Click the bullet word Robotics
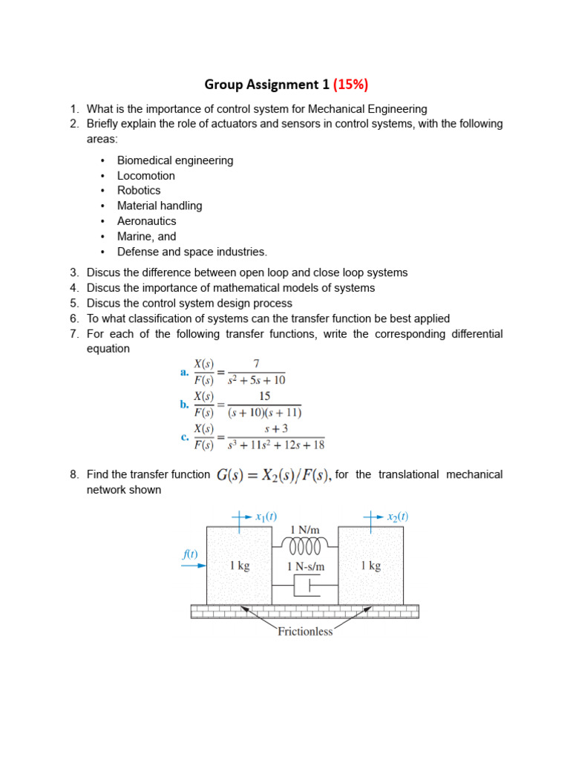[139, 191]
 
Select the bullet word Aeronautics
[147, 221]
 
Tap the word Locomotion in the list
[146, 176]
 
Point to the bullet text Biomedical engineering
[175, 160]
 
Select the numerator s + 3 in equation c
[276, 429]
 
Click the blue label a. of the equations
[184, 373]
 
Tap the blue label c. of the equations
[185, 437]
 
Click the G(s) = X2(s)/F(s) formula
[273, 475]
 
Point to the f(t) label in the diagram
[190, 554]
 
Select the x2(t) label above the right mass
[398, 517]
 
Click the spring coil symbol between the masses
[304, 547]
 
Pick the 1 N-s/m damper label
[306, 566]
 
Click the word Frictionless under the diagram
[305, 632]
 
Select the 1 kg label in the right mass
[371, 566]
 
